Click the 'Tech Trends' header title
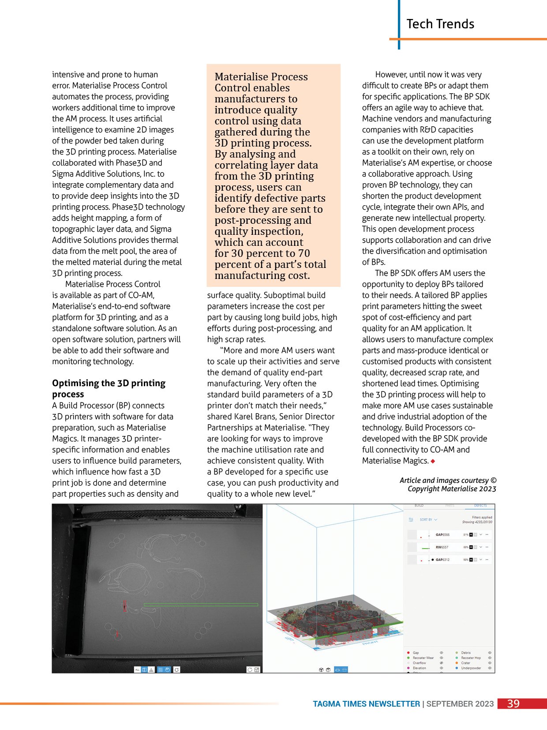[440, 24]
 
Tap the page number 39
[513, 704]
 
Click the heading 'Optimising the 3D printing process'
[109, 388]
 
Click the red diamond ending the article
[433, 461]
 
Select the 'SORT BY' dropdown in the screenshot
[428, 519]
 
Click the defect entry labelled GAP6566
[442, 534]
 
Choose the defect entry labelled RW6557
[442, 547]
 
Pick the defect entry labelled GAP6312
[442, 560]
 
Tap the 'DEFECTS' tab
[480, 506]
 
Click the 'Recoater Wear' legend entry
[423, 658]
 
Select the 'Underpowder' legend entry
[471, 668]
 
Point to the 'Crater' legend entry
[465, 663]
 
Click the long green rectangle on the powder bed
[201, 605]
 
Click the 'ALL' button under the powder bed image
[137, 670]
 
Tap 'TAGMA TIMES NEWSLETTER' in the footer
[366, 704]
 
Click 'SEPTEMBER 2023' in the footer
[460, 704]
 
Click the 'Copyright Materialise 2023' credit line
[452, 489]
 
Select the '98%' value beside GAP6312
[465, 560]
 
